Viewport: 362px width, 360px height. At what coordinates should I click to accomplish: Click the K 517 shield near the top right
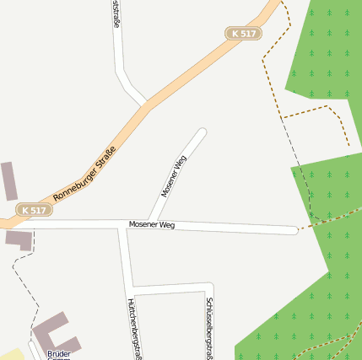[x=244, y=33]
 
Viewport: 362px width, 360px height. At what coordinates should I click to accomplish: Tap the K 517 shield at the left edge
[x=34, y=210]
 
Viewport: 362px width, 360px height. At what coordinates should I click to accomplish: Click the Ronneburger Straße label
[x=84, y=174]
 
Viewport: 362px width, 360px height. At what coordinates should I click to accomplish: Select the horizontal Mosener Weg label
[x=152, y=225]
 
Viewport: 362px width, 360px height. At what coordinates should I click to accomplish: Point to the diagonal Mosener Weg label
[x=173, y=177]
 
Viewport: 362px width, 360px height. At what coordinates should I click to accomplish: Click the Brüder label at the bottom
[x=59, y=353]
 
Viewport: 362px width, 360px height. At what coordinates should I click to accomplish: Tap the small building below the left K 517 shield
[x=19, y=239]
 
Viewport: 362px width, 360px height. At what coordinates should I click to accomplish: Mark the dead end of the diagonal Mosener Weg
[x=202, y=132]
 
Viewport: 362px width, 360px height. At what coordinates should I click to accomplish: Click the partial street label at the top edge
[x=116, y=15]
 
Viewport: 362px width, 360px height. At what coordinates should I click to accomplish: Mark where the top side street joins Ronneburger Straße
[x=145, y=104]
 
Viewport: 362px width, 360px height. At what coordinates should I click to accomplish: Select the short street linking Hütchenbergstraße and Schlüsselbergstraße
[x=170, y=287]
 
